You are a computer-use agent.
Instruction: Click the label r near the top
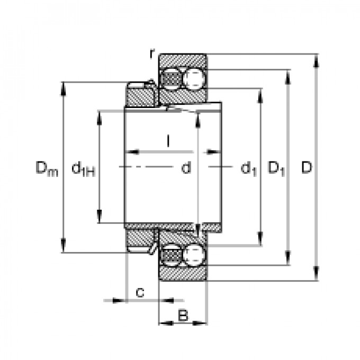[x=152, y=53]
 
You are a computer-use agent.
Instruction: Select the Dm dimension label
[x=46, y=169]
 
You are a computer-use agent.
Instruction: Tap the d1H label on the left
[x=83, y=169]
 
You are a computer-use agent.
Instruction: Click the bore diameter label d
[x=186, y=168]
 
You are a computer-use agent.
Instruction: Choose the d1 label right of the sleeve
[x=249, y=169]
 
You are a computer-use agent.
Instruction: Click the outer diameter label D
[x=307, y=168]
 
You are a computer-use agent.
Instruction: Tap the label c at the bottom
[x=140, y=291]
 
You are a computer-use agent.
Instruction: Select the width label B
[x=183, y=316]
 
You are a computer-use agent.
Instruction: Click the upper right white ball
[x=194, y=79]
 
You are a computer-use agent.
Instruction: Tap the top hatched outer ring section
[x=183, y=59]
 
